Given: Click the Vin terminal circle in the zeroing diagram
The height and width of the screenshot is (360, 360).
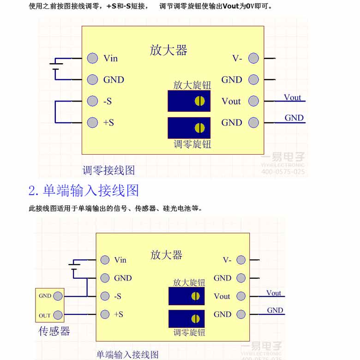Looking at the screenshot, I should coord(93,58).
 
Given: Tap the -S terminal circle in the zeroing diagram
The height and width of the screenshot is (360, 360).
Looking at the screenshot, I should coord(93,101).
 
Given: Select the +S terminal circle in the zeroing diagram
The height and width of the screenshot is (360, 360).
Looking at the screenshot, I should coord(93,122).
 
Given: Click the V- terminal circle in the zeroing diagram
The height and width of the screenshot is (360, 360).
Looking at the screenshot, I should coord(253,58).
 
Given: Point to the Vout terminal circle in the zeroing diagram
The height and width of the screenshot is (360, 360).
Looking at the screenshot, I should coord(253,101).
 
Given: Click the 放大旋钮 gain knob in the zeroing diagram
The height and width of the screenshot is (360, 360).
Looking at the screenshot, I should coord(199,101).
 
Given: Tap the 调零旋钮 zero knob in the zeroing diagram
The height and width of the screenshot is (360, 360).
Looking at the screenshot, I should coord(199,127).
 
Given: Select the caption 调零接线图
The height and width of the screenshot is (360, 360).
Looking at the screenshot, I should coord(109,170).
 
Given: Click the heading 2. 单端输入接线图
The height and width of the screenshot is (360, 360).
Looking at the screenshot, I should coord(84,191).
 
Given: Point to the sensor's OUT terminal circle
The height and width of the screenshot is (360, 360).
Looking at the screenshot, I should coord(58,315).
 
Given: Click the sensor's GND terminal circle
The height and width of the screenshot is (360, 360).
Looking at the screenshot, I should coord(58,296).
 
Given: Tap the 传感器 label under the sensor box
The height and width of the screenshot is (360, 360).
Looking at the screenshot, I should coord(54,331).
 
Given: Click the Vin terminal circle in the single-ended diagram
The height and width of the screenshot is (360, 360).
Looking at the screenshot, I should coord(105,260).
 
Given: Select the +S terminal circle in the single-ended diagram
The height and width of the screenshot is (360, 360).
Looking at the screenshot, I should coord(105,314).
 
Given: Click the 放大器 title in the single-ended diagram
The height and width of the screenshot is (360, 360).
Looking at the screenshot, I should coord(166,255).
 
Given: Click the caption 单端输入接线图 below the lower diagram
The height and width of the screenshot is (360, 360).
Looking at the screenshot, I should coord(127,354).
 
